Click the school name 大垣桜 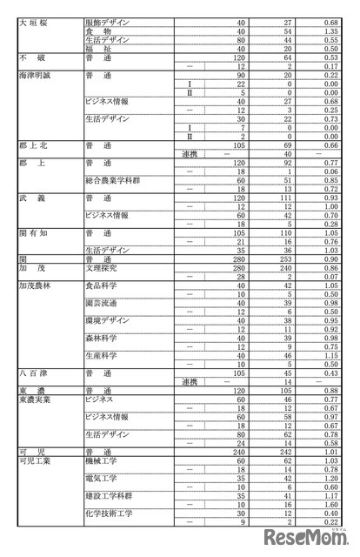click(34, 20)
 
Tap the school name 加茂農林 click(38, 285)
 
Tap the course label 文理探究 click(103, 268)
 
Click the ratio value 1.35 click(327, 30)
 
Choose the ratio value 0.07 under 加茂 click(327, 277)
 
